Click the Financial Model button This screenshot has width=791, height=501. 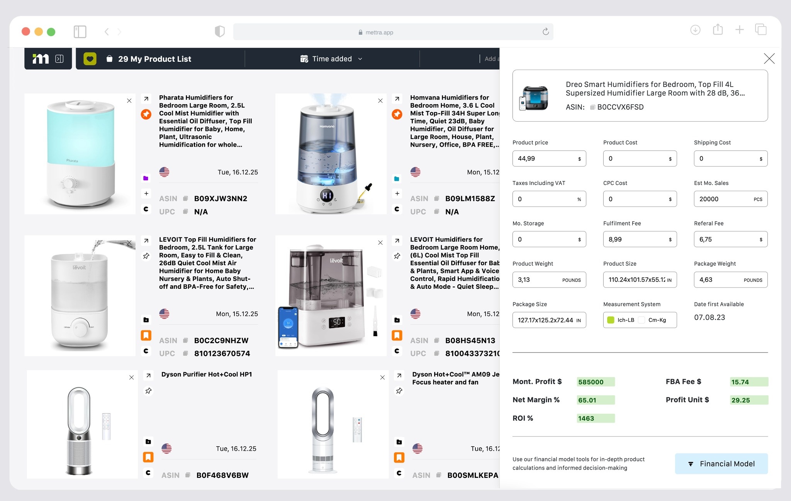coord(721,464)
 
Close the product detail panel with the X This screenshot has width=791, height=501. coord(769,59)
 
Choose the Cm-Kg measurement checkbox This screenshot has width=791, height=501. coord(642,320)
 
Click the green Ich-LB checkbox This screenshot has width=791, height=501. coord(611,320)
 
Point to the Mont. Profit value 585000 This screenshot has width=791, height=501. coord(595,382)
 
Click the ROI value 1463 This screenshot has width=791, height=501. coord(595,418)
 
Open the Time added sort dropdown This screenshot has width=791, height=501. coord(332,59)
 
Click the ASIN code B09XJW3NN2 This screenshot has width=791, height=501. coord(221,199)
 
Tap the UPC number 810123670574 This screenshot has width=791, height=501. coord(222,354)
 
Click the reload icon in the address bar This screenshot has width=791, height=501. coord(545,32)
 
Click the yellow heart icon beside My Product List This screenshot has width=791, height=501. coord(90,59)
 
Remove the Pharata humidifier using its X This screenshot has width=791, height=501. coord(129,101)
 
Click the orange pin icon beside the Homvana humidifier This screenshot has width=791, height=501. coord(397,114)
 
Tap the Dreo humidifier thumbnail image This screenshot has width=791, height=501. coord(533,98)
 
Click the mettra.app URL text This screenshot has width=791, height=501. coord(379,32)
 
